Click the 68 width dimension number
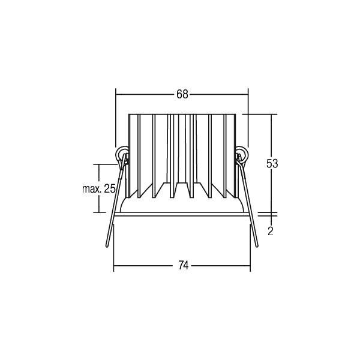click(x=182, y=94)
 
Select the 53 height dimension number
click(x=273, y=163)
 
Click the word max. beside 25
click(x=92, y=188)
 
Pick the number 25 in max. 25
click(x=109, y=188)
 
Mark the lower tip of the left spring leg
click(x=108, y=247)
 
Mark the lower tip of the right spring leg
click(x=256, y=247)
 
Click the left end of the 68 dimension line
click(x=115, y=94)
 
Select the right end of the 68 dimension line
click(x=248, y=94)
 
